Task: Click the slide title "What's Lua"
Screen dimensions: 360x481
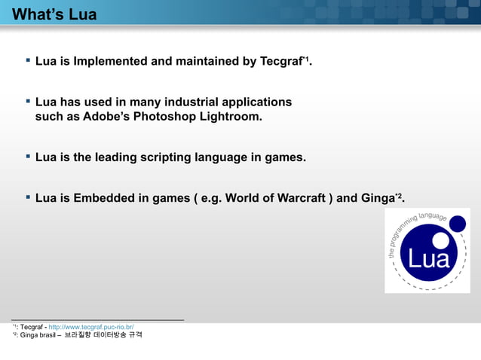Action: tap(55, 14)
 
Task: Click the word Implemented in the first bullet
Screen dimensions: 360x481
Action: tap(110, 62)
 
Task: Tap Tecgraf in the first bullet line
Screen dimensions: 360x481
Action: tap(280, 62)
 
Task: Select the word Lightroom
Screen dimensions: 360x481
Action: tap(231, 117)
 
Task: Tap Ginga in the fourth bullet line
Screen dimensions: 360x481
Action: tap(376, 199)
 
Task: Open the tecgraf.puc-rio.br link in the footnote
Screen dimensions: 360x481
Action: tap(91, 327)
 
